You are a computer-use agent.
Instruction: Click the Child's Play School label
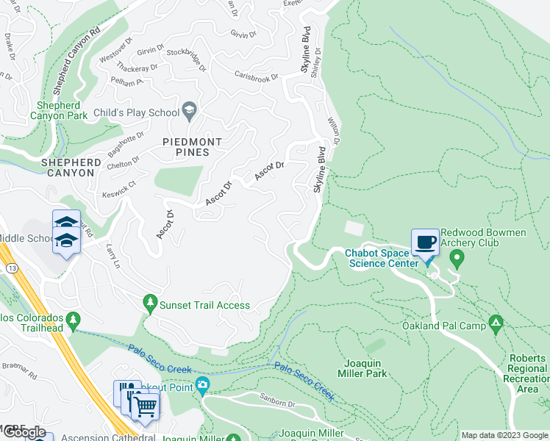[x=137, y=112]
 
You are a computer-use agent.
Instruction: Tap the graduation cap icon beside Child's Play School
[x=190, y=112]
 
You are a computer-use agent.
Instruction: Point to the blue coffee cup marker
[x=425, y=243]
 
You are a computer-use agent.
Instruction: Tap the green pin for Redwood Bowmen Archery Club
[x=457, y=259]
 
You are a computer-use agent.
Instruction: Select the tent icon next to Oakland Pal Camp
[x=497, y=323]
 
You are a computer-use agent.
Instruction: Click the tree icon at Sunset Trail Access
[x=150, y=303]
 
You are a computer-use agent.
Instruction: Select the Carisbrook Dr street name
[x=257, y=77]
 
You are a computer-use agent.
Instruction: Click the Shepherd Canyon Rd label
[x=74, y=56]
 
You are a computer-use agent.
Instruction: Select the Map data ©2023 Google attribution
[x=504, y=435]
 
